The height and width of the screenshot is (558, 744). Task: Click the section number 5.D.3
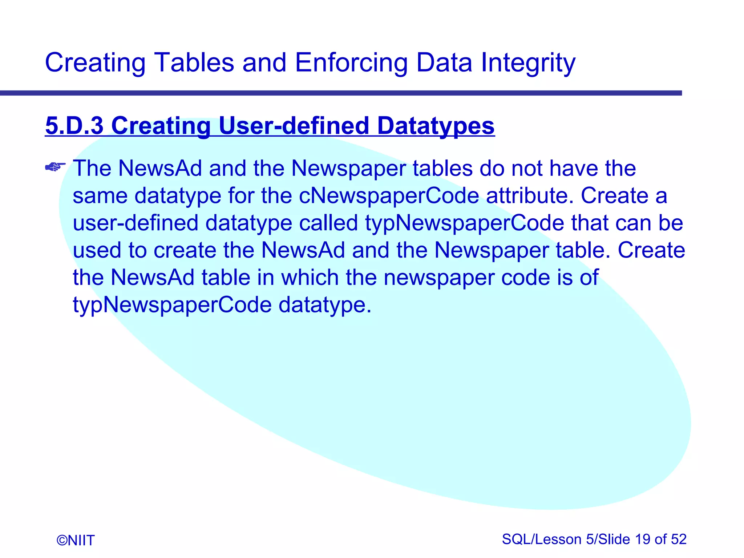click(74, 126)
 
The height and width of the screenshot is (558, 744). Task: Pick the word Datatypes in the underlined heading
click(436, 126)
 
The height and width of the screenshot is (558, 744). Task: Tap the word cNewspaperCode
click(389, 196)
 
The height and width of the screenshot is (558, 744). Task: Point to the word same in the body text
click(100, 196)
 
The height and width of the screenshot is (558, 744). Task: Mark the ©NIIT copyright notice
click(76, 540)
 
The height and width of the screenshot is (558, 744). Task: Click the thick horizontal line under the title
click(341, 93)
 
